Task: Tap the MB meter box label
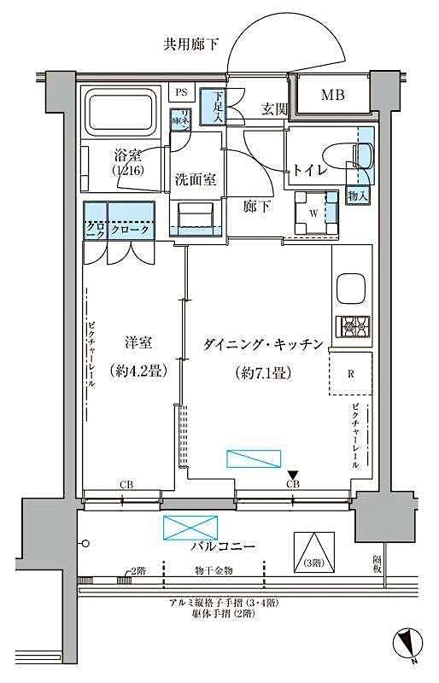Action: click(x=332, y=95)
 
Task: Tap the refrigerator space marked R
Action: click(x=351, y=372)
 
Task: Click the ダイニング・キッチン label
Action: click(x=263, y=345)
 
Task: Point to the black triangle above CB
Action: click(x=293, y=475)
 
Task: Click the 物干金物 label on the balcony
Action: click(x=214, y=570)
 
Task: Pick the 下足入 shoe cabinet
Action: click(x=213, y=108)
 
